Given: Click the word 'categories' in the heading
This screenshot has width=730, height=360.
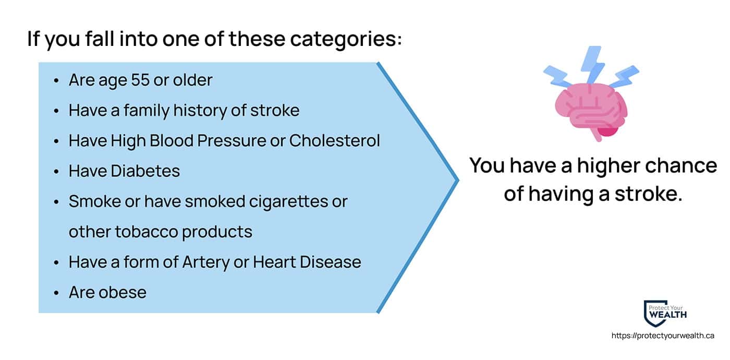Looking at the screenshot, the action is [x=346, y=40].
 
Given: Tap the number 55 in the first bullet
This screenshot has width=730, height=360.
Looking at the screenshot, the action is [x=140, y=80].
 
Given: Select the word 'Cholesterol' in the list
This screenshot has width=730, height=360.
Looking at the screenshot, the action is [x=334, y=140].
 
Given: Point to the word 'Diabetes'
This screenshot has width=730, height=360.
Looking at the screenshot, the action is [x=145, y=171].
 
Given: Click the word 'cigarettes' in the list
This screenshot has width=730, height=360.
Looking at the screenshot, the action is [x=289, y=201].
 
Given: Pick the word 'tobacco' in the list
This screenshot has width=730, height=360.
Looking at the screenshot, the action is [x=147, y=232].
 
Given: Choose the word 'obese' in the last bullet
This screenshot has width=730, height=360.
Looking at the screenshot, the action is [x=123, y=292].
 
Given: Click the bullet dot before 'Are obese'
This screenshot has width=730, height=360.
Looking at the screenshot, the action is [x=56, y=293].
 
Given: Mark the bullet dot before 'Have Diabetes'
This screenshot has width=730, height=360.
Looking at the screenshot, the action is [x=56, y=172].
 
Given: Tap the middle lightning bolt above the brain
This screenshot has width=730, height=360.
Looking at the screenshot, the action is [x=592, y=65].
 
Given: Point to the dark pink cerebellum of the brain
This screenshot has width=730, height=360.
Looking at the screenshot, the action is [x=607, y=131].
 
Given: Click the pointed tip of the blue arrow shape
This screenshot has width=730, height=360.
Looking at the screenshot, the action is [x=458, y=179].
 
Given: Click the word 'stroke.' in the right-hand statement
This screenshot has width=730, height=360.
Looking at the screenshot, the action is [x=649, y=194].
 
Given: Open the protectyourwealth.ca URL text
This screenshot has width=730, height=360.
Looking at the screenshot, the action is [x=663, y=335].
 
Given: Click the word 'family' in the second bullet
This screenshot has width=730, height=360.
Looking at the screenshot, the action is [x=147, y=111].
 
